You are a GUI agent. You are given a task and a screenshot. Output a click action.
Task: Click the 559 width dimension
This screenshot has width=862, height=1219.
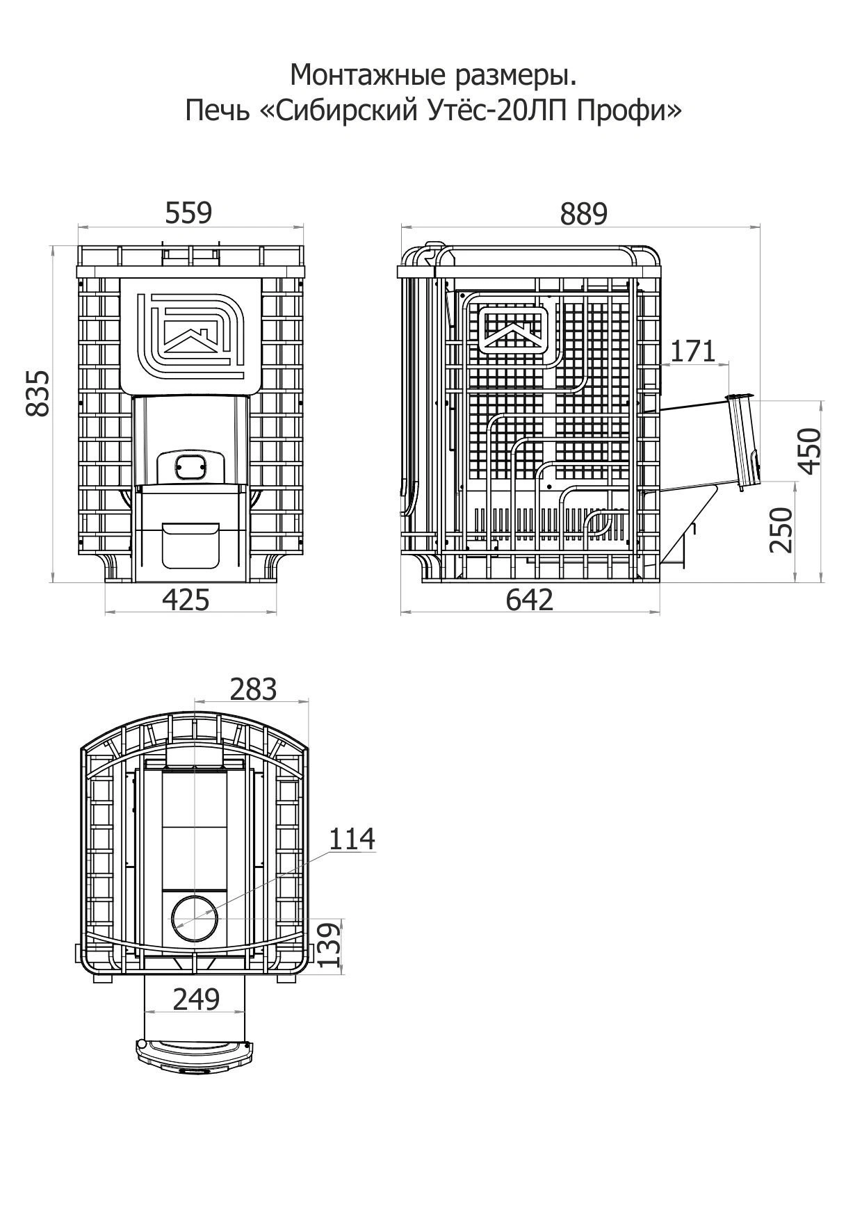click(188, 213)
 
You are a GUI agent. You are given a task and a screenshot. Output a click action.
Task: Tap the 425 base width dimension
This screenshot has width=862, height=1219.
click(186, 599)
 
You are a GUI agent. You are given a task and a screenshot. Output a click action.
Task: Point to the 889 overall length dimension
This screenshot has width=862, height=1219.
click(583, 214)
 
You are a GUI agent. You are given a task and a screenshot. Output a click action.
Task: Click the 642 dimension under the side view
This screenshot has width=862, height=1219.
click(529, 599)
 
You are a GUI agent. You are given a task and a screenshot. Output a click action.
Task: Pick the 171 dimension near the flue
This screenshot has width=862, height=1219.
click(692, 351)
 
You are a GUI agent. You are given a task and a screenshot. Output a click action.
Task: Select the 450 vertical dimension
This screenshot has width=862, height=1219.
click(811, 450)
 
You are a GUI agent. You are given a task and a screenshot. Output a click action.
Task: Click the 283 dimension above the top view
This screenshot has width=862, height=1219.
click(253, 689)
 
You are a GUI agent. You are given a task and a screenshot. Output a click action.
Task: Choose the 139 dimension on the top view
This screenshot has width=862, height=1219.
click(331, 944)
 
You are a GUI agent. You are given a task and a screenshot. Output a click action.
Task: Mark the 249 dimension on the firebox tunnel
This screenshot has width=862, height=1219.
click(196, 999)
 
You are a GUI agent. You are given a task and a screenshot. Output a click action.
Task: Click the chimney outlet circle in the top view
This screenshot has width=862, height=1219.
click(195, 919)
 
